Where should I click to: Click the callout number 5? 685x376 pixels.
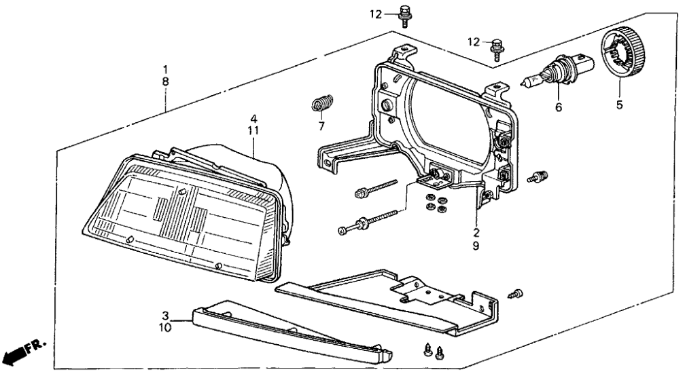619,105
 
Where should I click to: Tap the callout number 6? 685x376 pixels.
558,107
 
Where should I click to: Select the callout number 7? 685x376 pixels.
321,126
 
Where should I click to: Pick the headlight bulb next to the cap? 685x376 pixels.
559,72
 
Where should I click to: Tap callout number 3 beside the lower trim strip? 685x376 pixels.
165,316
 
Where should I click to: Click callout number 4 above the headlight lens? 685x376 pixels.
253,118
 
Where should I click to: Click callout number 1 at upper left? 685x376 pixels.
165,69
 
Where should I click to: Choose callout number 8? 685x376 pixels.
165,81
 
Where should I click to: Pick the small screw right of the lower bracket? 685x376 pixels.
517,293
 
